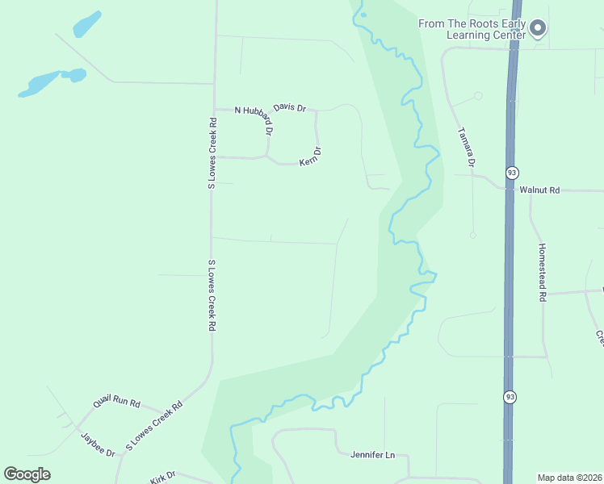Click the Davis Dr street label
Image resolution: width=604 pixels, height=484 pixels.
click(290, 107)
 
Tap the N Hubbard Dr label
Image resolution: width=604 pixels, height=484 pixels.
click(254, 119)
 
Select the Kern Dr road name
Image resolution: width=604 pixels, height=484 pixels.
click(311, 156)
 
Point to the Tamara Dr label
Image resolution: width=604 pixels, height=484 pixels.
click(467, 147)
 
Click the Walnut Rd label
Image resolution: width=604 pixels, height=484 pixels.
click(539, 190)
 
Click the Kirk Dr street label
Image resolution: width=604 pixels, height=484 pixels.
click(162, 476)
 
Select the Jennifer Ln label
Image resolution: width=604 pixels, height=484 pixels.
click(372, 455)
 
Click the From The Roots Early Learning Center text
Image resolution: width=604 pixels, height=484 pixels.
click(472, 29)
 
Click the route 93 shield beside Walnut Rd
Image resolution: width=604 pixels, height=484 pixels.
click(511, 173)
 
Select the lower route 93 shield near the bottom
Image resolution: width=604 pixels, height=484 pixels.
click(509, 397)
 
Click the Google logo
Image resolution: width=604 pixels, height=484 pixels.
click(27, 474)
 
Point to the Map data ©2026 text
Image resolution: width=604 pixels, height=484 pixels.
click(569, 478)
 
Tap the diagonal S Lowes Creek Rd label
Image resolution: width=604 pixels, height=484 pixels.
click(155, 424)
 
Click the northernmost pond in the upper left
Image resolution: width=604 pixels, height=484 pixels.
click(87, 24)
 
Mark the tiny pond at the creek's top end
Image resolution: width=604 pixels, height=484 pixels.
click(363, 15)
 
